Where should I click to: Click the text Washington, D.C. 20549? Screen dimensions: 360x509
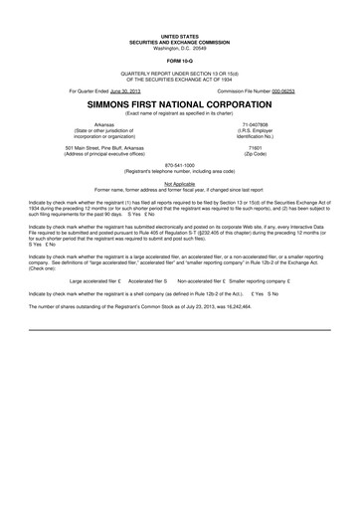click(x=180, y=21)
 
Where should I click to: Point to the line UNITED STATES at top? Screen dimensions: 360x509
click(x=180, y=9)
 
